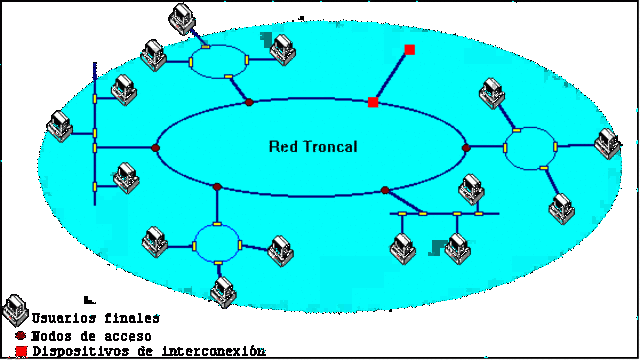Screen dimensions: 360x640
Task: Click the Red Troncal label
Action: pos(313,146)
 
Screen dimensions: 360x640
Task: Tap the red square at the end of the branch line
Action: pos(409,49)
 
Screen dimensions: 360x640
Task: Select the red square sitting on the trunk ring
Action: pos(373,102)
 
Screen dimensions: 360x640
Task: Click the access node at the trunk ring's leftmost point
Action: pos(155,147)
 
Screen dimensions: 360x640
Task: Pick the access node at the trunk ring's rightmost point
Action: pos(466,147)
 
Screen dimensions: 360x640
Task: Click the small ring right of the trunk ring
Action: pos(529,148)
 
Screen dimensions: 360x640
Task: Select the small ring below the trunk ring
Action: pos(217,243)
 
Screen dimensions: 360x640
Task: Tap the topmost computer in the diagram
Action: pos(182,16)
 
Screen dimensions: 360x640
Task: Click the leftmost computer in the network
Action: pos(59,125)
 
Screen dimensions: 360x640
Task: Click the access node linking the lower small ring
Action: pos(217,187)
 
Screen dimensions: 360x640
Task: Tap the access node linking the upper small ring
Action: pos(248,102)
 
